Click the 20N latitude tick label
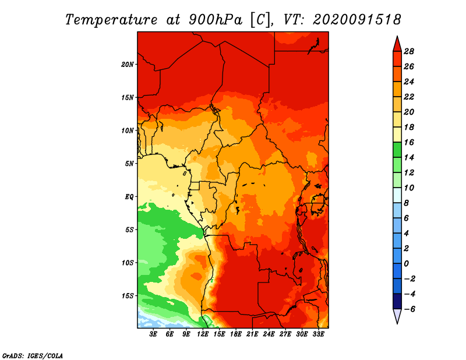[128, 64]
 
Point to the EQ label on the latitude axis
[129, 197]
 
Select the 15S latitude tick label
[128, 296]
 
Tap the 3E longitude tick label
[153, 334]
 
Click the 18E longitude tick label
[236, 334]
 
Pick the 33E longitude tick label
[318, 334]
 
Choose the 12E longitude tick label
[203, 334]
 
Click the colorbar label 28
[409, 51]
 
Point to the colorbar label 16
[409, 142]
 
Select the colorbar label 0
[406, 264]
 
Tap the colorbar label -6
[409, 309]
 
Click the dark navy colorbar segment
[397, 301]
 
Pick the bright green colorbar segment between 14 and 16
[397, 150]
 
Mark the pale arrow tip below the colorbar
[397, 323]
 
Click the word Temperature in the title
[111, 20]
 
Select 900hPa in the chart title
[215, 20]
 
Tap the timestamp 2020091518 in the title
[356, 20]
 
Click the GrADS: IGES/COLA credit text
[33, 356]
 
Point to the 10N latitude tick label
[128, 130]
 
